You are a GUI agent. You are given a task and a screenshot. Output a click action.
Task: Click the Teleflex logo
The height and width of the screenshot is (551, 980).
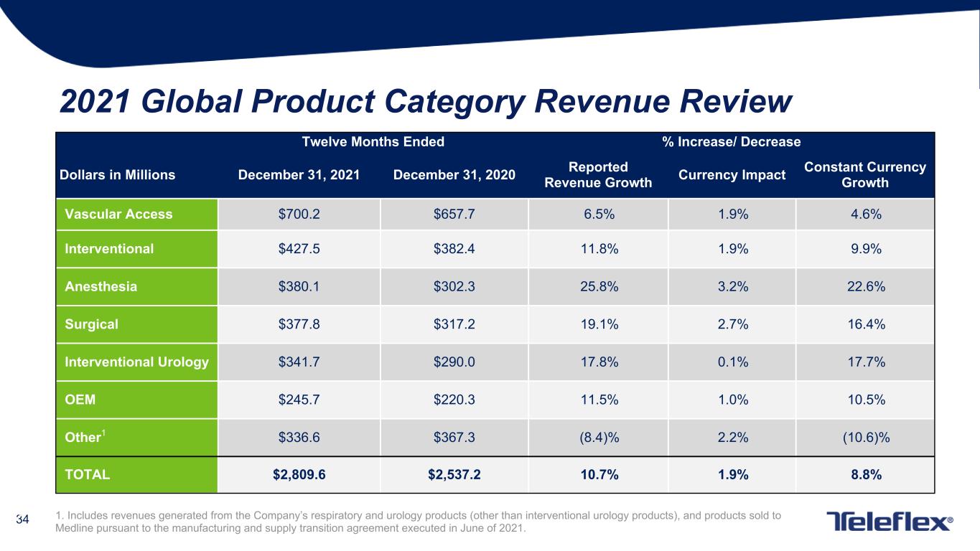pos(890,522)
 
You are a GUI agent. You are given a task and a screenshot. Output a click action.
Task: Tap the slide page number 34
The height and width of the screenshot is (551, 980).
pos(22,519)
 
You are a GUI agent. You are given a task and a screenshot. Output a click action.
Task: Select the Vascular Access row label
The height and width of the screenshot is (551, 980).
pos(118,214)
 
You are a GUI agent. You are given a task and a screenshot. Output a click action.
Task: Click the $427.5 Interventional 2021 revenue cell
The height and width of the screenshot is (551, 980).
pos(299,249)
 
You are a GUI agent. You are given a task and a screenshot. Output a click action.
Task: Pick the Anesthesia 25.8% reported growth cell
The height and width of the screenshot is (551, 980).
pos(599,286)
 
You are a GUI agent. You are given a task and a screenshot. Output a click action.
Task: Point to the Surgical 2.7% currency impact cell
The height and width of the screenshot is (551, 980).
pos(733,324)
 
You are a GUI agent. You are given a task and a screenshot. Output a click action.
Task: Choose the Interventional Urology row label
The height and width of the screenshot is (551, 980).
pos(136,362)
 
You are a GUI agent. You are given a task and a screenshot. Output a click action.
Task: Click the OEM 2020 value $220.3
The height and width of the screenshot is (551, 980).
pos(454,400)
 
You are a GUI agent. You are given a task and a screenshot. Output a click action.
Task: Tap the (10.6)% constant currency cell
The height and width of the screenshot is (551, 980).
pos(867,438)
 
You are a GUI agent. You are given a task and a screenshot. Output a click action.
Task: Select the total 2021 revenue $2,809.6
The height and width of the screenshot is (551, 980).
pos(299,474)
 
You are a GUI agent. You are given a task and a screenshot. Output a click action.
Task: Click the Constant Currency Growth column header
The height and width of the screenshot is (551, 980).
pos(865,174)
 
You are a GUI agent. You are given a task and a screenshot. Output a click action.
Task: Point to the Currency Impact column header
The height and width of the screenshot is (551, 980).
pos(732,175)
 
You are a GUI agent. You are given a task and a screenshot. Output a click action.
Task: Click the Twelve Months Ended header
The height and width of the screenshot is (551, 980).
pos(373,141)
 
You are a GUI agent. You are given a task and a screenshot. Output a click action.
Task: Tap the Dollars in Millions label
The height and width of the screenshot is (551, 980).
pos(117,175)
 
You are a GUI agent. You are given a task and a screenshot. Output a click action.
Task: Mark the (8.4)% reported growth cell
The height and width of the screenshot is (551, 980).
pos(599,438)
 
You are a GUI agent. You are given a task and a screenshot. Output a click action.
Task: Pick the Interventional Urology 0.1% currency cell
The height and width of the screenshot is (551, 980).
pos(733,362)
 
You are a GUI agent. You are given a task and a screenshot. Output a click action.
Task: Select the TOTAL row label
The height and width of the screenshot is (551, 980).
pos(87,474)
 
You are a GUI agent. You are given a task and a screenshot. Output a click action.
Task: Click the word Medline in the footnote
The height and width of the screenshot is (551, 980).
pos(74,528)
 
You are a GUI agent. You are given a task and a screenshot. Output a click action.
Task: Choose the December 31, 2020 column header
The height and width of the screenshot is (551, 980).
pos(454,175)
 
